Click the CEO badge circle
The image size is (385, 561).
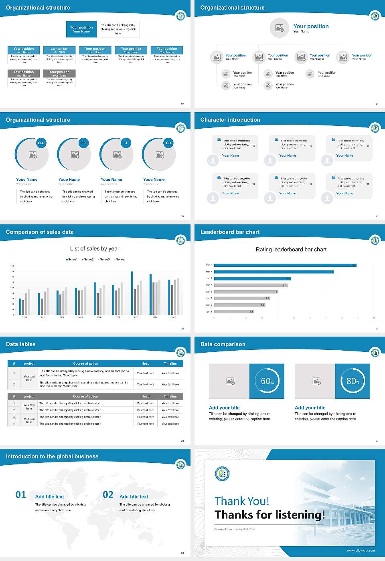[41, 143]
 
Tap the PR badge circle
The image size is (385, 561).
[83, 143]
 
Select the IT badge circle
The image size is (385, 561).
[126, 143]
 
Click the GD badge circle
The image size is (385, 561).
[168, 143]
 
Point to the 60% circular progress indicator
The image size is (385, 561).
[267, 381]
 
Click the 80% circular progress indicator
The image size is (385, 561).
[353, 381]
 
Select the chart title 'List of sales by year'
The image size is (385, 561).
[95, 248]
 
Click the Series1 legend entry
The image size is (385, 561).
[72, 259]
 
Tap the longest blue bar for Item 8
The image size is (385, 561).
[285, 265]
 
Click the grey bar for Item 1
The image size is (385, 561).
[234, 311]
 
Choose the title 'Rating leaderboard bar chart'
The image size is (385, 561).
[291, 249]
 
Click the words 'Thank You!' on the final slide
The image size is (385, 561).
[241, 501]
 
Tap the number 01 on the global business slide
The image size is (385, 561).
[21, 495]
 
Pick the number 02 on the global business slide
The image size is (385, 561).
[108, 495]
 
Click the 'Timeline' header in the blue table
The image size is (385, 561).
[170, 363]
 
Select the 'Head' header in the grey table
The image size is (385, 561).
[145, 396]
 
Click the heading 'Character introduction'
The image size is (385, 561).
[230, 120]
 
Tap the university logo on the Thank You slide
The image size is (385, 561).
[222, 474]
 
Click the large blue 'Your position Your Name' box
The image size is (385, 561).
[81, 29]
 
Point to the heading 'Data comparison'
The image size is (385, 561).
[223, 344]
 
